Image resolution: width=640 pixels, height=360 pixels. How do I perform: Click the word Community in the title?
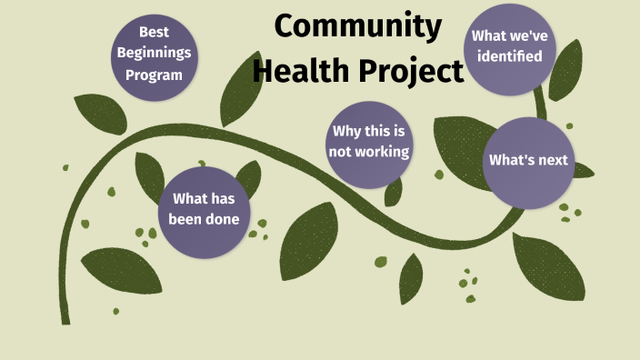pyautogui.click(x=357, y=27)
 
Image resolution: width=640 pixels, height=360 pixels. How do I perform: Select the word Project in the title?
pyautogui.click(x=409, y=69)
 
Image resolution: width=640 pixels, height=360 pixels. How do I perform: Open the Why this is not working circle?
pyautogui.click(x=369, y=144)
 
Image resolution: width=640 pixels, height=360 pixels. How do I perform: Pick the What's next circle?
pyautogui.click(x=528, y=162)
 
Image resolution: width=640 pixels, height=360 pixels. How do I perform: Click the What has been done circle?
pyautogui.click(x=205, y=209)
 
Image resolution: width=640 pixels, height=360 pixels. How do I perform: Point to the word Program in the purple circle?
pyautogui.click(x=155, y=75)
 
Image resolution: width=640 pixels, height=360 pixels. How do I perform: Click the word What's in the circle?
pyautogui.click(x=510, y=161)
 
